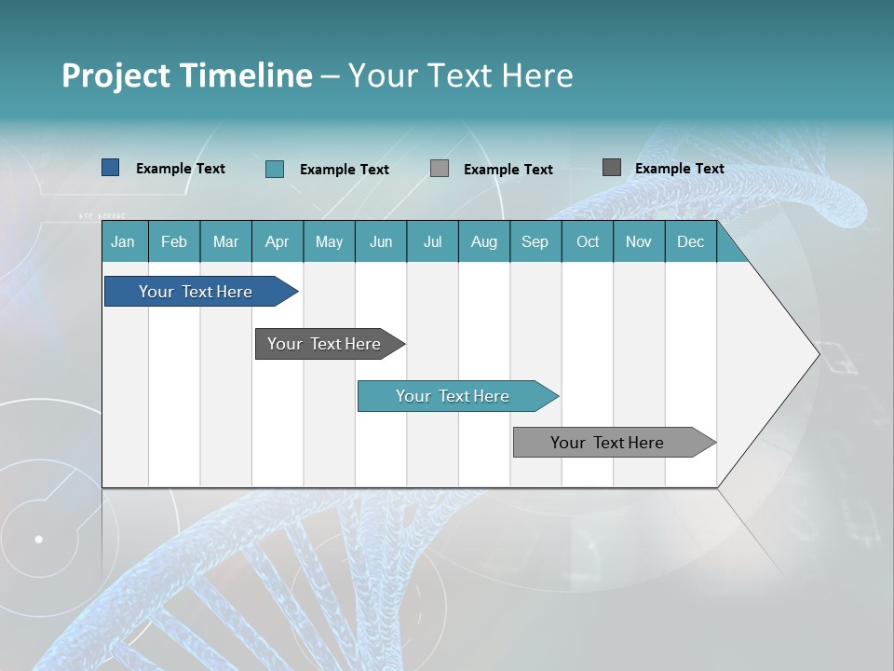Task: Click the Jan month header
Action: (x=124, y=241)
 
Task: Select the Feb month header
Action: (x=174, y=241)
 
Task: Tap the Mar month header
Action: (x=225, y=241)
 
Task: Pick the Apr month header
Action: (x=278, y=241)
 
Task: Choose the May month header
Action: (x=329, y=241)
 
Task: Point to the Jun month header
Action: (x=381, y=241)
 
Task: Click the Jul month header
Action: (x=432, y=241)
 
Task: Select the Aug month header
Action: (x=484, y=241)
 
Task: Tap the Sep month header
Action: (x=535, y=241)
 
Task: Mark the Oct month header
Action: (x=588, y=241)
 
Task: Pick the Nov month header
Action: (x=639, y=241)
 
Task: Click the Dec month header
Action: (x=691, y=241)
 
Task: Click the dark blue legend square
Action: (x=111, y=168)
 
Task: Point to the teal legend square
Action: (x=275, y=169)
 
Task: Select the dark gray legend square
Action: (x=612, y=168)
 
